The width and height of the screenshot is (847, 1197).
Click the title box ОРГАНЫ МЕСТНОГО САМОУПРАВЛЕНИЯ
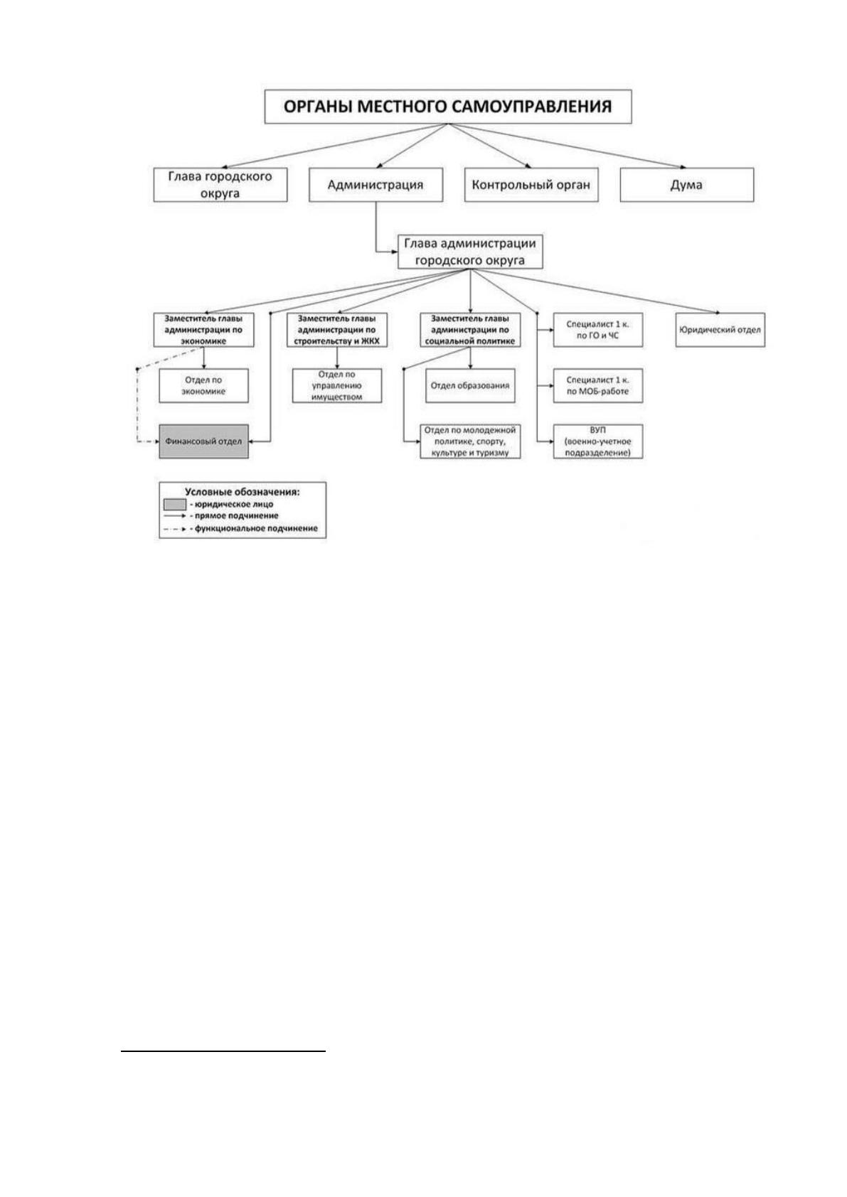click(x=448, y=107)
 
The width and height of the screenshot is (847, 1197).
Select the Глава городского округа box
click(x=220, y=185)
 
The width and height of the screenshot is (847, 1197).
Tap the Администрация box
click(x=376, y=185)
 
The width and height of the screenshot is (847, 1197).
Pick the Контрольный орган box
click(x=531, y=185)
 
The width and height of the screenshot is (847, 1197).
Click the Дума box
click(x=687, y=185)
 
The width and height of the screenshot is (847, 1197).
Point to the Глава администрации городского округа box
click(x=470, y=252)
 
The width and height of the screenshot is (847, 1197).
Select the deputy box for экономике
click(x=203, y=330)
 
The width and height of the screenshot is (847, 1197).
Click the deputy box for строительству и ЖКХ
click(x=337, y=330)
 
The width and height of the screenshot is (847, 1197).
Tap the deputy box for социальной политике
click(x=471, y=330)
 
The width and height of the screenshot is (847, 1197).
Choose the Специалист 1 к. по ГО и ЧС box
click(x=598, y=330)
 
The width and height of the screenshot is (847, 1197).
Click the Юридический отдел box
click(x=720, y=330)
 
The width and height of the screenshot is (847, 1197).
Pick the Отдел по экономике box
click(x=203, y=385)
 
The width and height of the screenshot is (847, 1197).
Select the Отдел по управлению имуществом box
click(x=337, y=385)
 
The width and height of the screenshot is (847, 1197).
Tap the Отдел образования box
click(x=471, y=385)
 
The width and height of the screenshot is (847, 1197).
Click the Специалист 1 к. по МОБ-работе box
click(x=598, y=385)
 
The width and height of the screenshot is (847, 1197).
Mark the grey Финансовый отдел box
click(x=203, y=441)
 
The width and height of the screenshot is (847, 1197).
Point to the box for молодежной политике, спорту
click(x=471, y=441)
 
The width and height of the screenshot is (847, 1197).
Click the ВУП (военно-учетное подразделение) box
click(x=598, y=441)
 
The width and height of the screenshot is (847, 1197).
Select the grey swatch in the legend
click(x=175, y=504)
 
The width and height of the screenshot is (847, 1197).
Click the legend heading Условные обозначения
click(x=243, y=492)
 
